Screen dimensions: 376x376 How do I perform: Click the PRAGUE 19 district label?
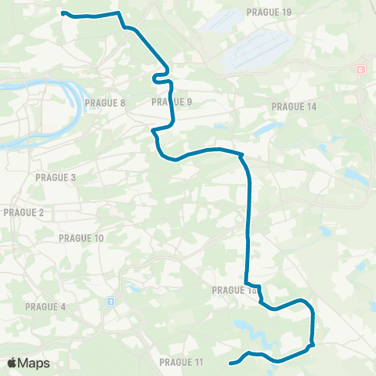(x=269, y=13)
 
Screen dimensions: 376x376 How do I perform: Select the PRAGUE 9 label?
(x=172, y=102)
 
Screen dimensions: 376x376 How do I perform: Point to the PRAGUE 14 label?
(x=294, y=107)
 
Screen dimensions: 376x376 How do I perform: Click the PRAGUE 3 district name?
(x=56, y=178)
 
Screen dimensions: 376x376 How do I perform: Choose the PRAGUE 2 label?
(x=24, y=212)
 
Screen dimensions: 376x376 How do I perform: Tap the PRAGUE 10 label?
(x=81, y=238)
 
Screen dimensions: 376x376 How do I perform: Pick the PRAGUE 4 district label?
(x=45, y=306)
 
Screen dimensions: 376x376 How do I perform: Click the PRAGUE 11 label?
(x=181, y=362)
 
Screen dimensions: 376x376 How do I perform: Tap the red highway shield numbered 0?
(x=360, y=69)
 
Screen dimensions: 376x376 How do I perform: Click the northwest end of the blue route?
(x=63, y=13)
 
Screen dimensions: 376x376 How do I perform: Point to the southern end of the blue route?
(x=230, y=363)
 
